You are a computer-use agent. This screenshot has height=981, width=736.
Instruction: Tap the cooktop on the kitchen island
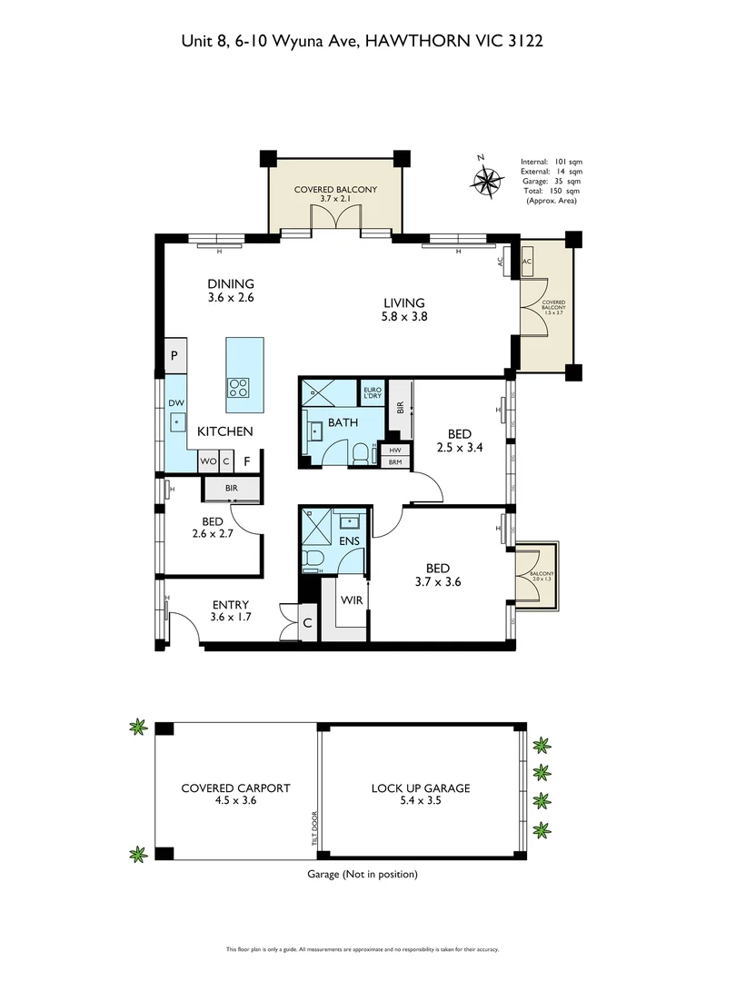(239, 388)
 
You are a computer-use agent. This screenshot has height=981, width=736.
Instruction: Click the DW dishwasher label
(175, 402)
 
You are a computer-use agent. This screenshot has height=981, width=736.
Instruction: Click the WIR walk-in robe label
(351, 600)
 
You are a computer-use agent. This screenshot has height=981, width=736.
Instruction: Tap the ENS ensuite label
(349, 541)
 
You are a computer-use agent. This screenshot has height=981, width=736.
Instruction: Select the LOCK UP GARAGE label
(420, 788)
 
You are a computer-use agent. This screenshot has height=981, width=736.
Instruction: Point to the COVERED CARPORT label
(235, 788)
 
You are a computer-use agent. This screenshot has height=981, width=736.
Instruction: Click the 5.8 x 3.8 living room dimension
(404, 317)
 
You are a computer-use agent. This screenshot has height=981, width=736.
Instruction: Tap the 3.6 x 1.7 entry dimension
(230, 618)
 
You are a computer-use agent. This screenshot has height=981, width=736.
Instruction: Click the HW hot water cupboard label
(394, 450)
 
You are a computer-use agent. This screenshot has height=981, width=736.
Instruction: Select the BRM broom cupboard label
(394, 462)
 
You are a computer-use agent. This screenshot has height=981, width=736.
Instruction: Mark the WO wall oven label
(208, 461)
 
